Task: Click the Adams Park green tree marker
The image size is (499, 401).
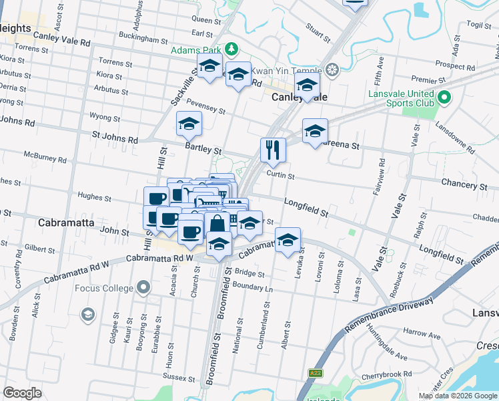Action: tap(231, 49)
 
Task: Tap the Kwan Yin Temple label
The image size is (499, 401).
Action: tap(292, 69)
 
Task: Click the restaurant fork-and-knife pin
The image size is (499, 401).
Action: tap(272, 150)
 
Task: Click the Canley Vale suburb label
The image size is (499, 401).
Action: tap(300, 98)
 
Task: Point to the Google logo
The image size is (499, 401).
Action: tap(22, 393)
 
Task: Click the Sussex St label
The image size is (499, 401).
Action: tap(178, 378)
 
